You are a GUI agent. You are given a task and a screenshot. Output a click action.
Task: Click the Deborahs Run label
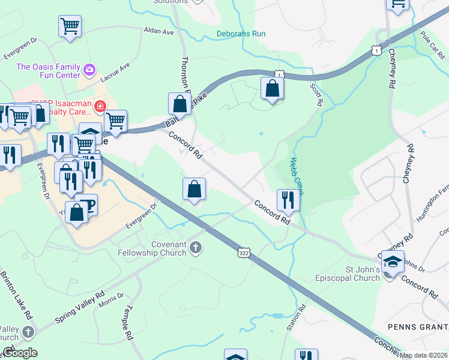[241, 34]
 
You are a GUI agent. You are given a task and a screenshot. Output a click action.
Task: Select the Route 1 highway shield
[376, 50]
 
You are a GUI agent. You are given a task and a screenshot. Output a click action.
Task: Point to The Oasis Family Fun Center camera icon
[90, 70]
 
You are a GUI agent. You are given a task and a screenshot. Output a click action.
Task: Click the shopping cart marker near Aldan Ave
[70, 26]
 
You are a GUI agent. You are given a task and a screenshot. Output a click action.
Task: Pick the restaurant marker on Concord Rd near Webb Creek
[288, 200]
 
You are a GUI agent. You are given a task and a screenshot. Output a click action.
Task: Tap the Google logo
[19, 353]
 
